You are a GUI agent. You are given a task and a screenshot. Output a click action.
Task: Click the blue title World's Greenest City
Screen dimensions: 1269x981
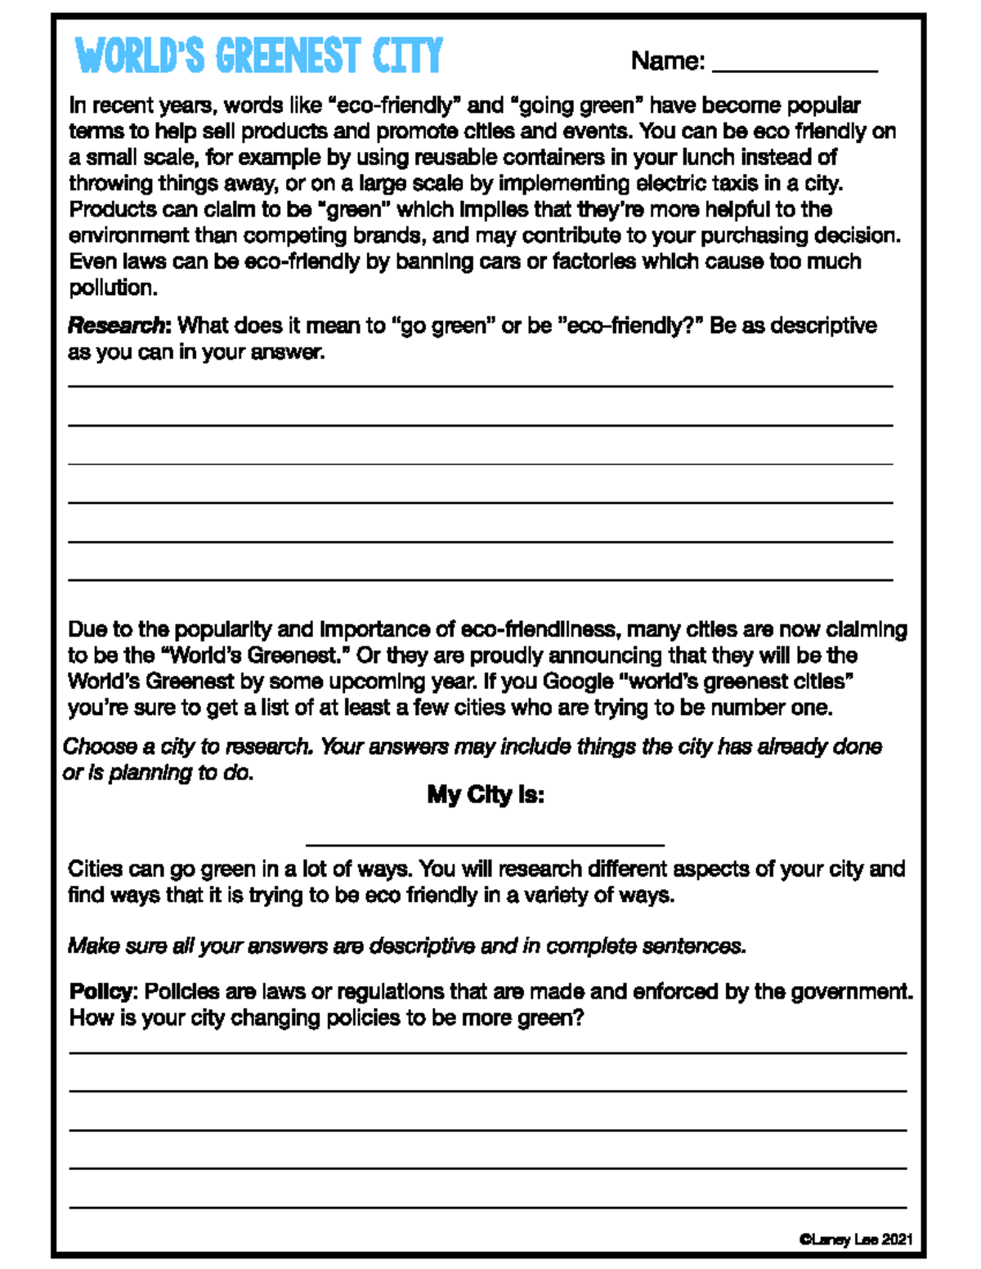[258, 56]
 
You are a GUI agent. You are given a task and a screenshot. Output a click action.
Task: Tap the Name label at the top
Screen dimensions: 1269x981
[667, 60]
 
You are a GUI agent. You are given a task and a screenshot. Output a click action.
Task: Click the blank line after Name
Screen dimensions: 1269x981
[795, 71]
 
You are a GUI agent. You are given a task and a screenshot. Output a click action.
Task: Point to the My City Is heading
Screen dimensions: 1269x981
[486, 795]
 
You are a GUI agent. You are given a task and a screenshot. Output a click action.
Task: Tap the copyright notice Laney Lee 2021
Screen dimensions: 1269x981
[856, 1240]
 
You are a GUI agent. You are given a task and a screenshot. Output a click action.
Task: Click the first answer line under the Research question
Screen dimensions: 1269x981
[480, 386]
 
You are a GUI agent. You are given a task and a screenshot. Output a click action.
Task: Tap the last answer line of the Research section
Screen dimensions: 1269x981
[480, 579]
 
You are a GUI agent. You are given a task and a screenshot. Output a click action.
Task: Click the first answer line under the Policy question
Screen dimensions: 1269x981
[487, 1052]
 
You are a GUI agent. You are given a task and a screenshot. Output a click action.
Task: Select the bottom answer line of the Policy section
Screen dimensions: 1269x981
[487, 1206]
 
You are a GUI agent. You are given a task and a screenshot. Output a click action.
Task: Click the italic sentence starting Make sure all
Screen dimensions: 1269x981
[406, 946]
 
